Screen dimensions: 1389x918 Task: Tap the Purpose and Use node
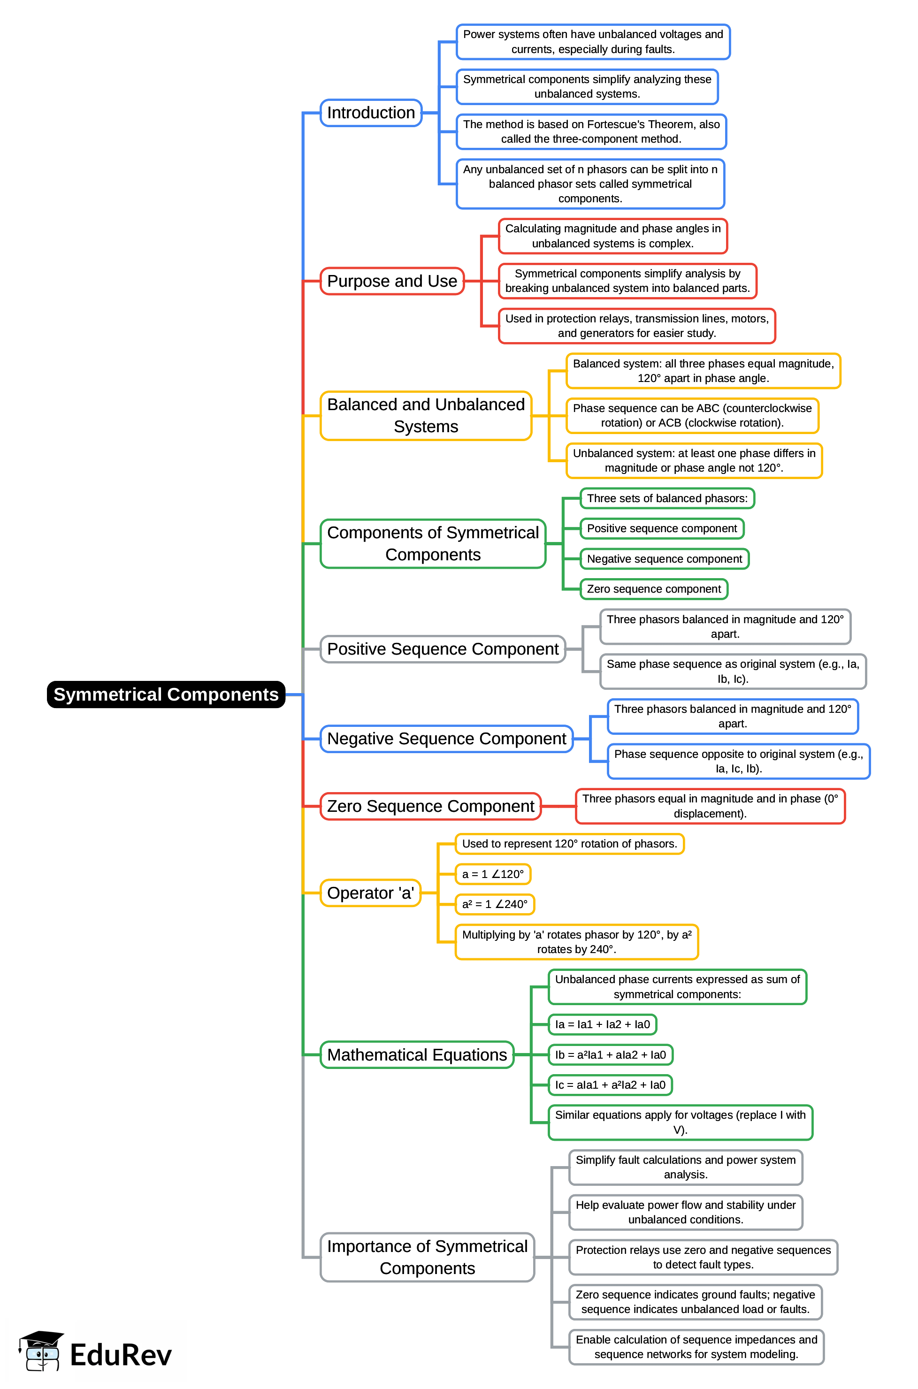(x=392, y=281)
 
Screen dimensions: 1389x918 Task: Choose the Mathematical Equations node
(x=417, y=1054)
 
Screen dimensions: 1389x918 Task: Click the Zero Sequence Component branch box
(x=430, y=806)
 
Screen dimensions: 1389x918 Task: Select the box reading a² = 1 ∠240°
(x=495, y=904)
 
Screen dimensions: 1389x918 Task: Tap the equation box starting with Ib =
(x=610, y=1054)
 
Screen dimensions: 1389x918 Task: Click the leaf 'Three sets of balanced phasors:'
(x=667, y=498)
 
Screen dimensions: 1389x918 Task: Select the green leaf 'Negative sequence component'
(x=664, y=558)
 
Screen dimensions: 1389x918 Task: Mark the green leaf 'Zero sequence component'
(x=653, y=589)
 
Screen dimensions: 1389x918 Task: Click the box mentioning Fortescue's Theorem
(x=591, y=132)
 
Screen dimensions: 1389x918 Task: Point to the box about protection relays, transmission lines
(x=636, y=326)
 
